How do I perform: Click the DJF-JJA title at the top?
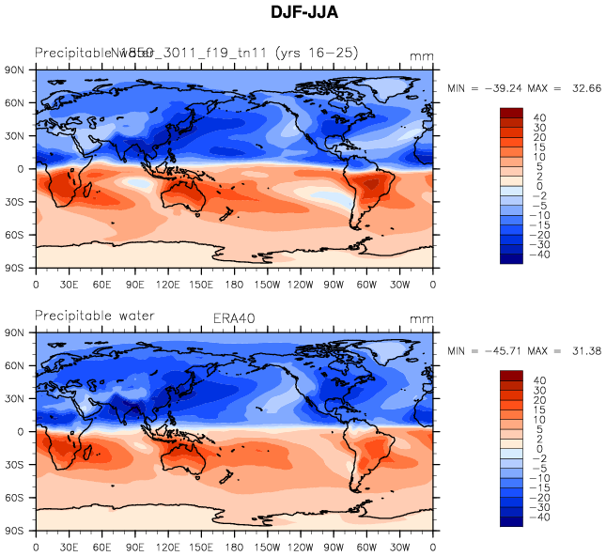pos(303,14)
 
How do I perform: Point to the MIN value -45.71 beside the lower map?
pos(508,350)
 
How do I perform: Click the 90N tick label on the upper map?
pos(14,69)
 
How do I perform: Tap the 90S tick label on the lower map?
pos(14,531)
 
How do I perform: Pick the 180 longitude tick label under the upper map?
pos(234,285)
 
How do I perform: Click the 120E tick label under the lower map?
pos(168,548)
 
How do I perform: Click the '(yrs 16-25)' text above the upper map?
pos(316,53)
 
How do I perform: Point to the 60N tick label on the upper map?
pos(14,102)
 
